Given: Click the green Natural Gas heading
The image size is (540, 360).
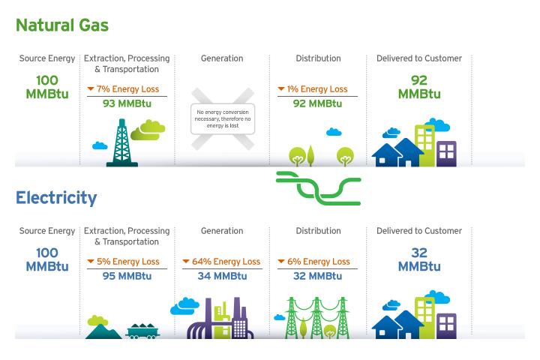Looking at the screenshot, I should pyautogui.click(x=62, y=25).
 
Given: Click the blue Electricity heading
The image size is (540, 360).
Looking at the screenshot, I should pyautogui.click(x=56, y=198).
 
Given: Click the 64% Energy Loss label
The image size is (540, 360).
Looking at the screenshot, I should pyautogui.click(x=222, y=262).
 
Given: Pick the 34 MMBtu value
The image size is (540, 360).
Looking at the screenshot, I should pyautogui.click(x=222, y=276).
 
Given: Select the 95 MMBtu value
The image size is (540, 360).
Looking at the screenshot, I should pyautogui.click(x=127, y=276).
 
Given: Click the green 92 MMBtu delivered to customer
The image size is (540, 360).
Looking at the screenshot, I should pyautogui.click(x=419, y=87).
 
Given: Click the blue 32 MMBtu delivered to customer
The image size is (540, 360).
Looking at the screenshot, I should pyautogui.click(x=419, y=259).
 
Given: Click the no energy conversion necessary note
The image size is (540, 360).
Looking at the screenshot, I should pyautogui.click(x=223, y=118).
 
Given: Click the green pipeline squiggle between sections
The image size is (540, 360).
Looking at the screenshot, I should pyautogui.click(x=318, y=187).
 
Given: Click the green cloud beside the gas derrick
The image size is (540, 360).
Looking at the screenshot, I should pyautogui.click(x=152, y=128).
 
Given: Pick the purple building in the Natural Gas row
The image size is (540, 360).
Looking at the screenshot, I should pyautogui.click(x=446, y=153).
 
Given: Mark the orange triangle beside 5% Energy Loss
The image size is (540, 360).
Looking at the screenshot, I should pyautogui.click(x=91, y=262).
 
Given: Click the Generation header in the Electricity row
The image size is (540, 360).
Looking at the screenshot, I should pyautogui.click(x=222, y=231).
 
